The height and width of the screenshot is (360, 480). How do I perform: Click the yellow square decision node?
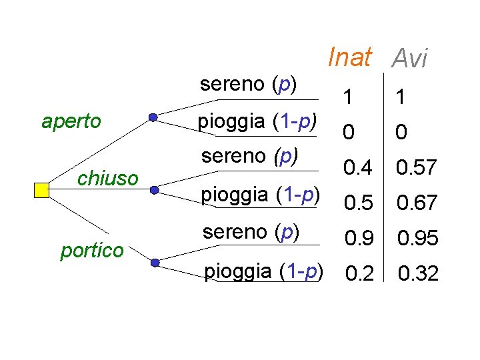coord(41,190)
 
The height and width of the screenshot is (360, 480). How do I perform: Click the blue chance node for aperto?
coord(153,118)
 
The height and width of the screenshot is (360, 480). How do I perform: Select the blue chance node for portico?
coord(155,263)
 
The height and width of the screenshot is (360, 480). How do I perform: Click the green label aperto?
coord(71,121)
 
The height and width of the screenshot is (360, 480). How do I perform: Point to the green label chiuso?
coord(107,178)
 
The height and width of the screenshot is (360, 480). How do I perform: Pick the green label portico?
coord(92,251)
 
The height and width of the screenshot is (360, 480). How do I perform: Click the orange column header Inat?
coord(349,57)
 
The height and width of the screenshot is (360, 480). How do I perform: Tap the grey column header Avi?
coord(409,59)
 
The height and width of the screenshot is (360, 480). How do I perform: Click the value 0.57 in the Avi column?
coord(417,167)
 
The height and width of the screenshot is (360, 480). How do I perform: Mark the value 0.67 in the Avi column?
coord(417,203)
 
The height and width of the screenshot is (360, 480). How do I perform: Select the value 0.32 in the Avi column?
coord(417,273)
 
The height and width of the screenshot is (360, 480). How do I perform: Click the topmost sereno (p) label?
coord(249,85)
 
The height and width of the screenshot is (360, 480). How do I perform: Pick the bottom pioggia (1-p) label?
coord(263,271)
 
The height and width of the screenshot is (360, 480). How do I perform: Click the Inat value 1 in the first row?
coord(349,98)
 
